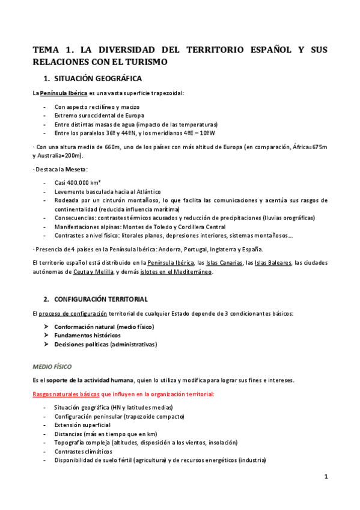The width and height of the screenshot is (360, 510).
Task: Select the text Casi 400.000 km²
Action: point(77,183)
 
